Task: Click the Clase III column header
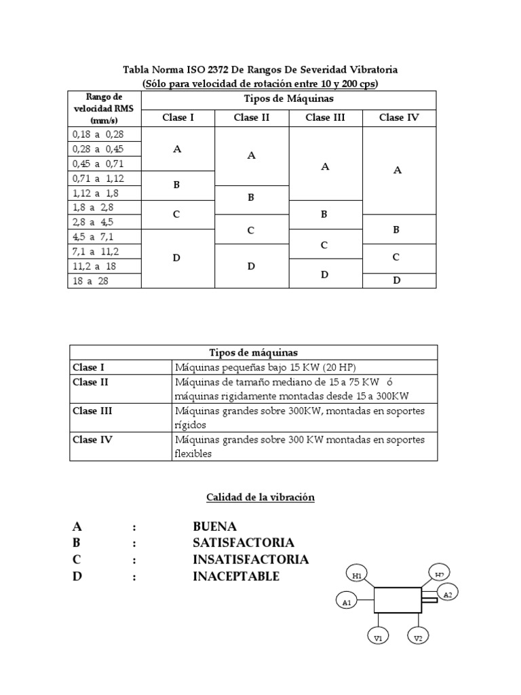pyautogui.click(x=326, y=117)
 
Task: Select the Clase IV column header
pyautogui.click(x=399, y=117)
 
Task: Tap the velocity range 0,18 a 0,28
pyautogui.click(x=104, y=134)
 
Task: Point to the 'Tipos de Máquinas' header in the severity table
pyautogui.click(x=288, y=99)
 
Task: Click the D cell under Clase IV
pyautogui.click(x=398, y=280)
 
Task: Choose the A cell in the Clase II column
pyautogui.click(x=251, y=155)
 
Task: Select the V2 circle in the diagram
pyautogui.click(x=419, y=638)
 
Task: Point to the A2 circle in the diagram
pyautogui.click(x=448, y=595)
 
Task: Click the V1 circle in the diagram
pyautogui.click(x=379, y=638)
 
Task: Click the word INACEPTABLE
pyautogui.click(x=235, y=577)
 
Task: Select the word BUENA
pyautogui.click(x=214, y=527)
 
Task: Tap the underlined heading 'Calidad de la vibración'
pyautogui.click(x=260, y=497)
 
